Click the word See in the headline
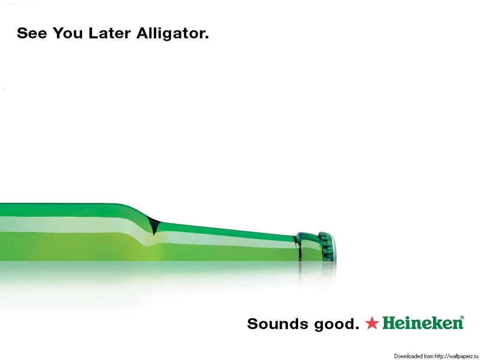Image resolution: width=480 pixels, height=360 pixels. pos(32,33)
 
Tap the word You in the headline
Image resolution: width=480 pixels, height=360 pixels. pos(67,33)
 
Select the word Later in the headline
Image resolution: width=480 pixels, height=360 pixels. pos(110,33)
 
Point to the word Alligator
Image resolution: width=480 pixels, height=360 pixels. pos(170,34)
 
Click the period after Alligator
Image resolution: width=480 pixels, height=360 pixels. pos(207,37)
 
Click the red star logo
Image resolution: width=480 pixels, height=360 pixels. pos(372,323)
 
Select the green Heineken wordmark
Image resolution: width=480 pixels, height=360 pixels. pos(423,323)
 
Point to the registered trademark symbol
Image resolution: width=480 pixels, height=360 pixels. pos(462,318)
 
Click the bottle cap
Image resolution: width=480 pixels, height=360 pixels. pos(327,247)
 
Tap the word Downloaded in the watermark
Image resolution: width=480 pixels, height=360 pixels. pos(408,356)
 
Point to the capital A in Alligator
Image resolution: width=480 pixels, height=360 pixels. pos(143,33)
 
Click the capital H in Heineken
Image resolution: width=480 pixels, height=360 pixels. pos(390,323)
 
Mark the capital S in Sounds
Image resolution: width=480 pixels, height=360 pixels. pos(253,324)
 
